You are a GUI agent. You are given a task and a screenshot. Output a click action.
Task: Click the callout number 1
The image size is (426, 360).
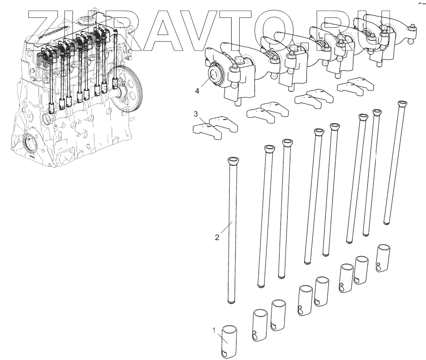click(214, 330)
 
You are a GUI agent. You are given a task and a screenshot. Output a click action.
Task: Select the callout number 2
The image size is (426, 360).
click(217, 237)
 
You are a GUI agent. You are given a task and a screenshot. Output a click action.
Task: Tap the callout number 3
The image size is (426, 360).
click(196, 114)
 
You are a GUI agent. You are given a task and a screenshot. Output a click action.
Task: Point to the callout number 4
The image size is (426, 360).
click(197, 91)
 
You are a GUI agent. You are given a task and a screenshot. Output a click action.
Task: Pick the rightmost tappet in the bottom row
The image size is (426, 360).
click(384, 258)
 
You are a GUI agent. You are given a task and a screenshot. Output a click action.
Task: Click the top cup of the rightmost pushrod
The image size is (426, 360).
click(402, 104)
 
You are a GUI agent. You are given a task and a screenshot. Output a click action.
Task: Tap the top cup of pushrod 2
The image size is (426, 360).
click(233, 160)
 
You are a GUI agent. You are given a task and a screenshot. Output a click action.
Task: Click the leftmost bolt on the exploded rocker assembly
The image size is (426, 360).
click(234, 69)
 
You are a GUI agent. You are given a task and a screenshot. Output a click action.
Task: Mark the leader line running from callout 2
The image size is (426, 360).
click(226, 228)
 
